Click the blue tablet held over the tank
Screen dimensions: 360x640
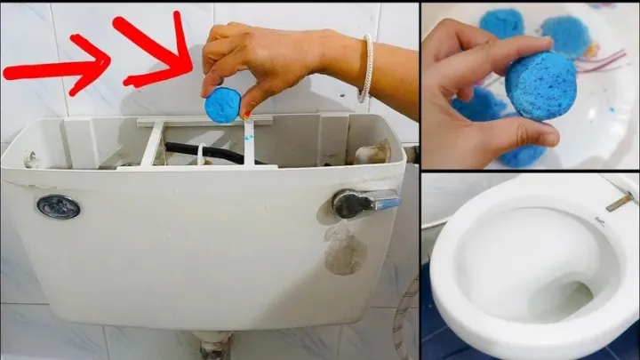pos(222,105)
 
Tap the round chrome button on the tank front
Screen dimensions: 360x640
pos(58,206)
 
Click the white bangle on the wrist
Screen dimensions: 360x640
pos(364,68)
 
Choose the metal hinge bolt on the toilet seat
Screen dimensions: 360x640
pos(619,202)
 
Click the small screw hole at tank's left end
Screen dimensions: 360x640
pos(29,160)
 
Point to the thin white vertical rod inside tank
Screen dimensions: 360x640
pos(249,142)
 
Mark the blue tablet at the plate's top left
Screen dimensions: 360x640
pos(503,21)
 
